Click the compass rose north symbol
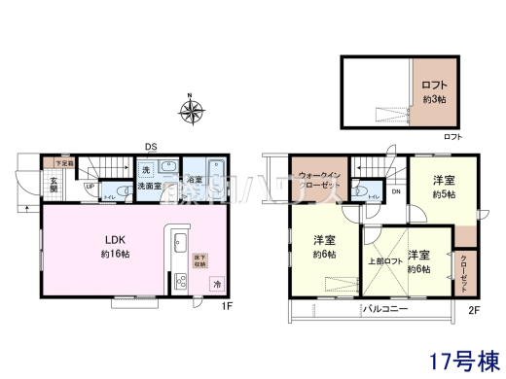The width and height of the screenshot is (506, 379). [191, 110]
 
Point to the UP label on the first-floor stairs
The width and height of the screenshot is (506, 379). [90, 187]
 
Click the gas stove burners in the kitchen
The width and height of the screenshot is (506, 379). [180, 282]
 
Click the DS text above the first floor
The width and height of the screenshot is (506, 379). [152, 147]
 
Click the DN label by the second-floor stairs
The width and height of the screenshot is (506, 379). [396, 191]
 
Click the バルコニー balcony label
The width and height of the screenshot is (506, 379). [386, 308]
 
